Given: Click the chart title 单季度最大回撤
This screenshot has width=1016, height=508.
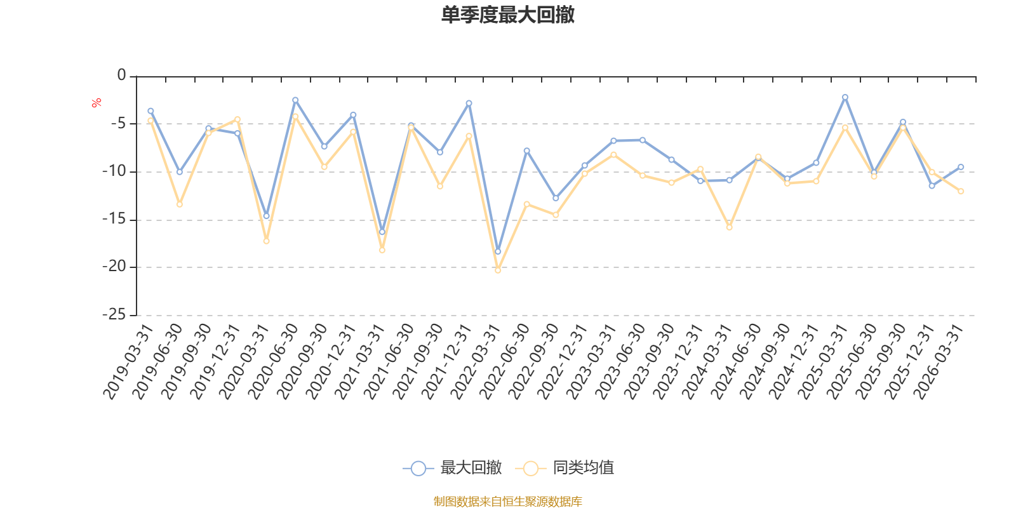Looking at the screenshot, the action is pos(507,15).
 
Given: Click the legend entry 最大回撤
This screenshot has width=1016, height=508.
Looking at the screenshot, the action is pos(452,467).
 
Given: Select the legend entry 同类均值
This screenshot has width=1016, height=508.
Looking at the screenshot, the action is pos(565,467).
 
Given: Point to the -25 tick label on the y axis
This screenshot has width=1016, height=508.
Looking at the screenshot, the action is pos(114,314).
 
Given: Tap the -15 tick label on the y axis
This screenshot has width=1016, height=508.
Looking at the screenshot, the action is pos(114,218).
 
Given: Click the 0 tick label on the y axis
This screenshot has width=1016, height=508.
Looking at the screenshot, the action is pos(121,74).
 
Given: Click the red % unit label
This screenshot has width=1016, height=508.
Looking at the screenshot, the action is pos(96,103).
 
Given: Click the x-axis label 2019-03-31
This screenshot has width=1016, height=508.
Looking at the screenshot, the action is pos(128,361).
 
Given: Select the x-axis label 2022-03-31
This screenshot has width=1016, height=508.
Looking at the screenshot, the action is pos(476,361).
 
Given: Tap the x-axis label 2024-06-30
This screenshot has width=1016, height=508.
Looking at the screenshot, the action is pos(736,361).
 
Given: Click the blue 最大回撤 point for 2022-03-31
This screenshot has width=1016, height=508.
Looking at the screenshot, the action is pos(498,251).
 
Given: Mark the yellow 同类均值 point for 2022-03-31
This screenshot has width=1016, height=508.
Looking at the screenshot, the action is pos(498,271).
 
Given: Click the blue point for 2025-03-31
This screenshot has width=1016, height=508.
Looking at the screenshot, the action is pos(845,97).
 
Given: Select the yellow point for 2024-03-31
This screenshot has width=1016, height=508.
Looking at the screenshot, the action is pos(730,227).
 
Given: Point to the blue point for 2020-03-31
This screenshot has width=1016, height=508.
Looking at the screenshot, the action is pos(266,216).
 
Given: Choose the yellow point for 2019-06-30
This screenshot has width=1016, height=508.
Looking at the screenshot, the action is pos(180,204).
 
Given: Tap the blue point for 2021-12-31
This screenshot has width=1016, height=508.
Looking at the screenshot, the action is pos(469,104).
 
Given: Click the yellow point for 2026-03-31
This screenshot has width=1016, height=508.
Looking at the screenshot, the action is pos(961,191).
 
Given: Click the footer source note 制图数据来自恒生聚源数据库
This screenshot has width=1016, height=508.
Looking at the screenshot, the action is pos(507,501).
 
